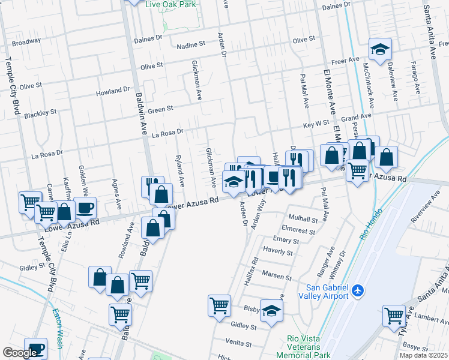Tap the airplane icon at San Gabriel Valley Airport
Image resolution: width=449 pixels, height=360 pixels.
pos(358,290)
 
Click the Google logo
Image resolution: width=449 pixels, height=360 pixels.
pos(20,353)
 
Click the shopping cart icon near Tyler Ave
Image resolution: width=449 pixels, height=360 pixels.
pos(394,315)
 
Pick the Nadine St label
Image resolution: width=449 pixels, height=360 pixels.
pos(191,45)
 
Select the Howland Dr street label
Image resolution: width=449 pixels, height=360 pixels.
pos(113,92)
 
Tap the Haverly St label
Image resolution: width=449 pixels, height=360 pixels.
pos(277,253)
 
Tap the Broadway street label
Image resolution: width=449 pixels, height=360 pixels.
pos(26,42)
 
